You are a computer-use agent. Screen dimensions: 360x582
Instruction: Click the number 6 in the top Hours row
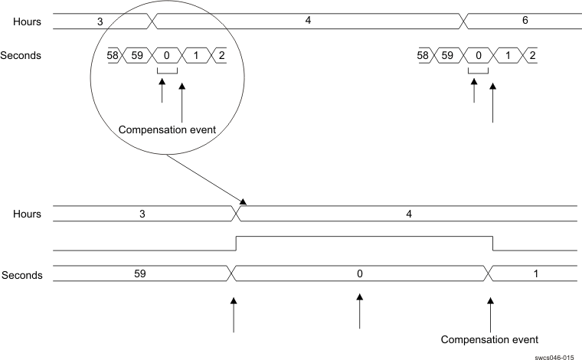pyautogui.click(x=525, y=21)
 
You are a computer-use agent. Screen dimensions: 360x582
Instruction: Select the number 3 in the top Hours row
pyautogui.click(x=100, y=21)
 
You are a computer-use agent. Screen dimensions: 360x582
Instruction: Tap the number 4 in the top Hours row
pyautogui.click(x=308, y=21)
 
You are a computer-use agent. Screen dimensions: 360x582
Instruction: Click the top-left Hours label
pyautogui.click(x=26, y=21)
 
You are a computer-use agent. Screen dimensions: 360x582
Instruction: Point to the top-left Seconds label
pyautogui.click(x=21, y=56)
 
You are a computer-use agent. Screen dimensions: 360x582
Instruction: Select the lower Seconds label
pyautogui.click(x=21, y=274)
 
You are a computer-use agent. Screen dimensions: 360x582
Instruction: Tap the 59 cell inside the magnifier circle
pyautogui.click(x=139, y=56)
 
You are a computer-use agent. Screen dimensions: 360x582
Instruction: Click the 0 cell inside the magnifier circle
pyautogui.click(x=166, y=56)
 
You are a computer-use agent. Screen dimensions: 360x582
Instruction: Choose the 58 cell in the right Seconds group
pyautogui.click(x=422, y=56)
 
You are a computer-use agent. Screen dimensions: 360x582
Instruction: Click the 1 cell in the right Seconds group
pyautogui.click(x=506, y=56)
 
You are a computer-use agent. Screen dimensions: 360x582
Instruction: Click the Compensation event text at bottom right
pyautogui.click(x=490, y=339)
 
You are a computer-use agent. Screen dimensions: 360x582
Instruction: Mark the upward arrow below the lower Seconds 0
pyautogui.click(x=359, y=310)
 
